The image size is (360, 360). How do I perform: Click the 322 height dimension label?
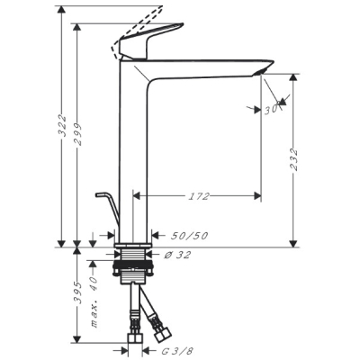pos(62,125)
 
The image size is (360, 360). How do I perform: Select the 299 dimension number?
pos(78,134)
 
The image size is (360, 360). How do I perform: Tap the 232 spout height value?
pos(294,159)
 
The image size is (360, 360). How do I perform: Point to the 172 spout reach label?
pos(199,196)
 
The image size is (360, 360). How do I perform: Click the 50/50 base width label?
pos(189,236)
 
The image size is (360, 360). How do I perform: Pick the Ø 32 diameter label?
pos(177,255)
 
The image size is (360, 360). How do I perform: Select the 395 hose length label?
pos(78,292)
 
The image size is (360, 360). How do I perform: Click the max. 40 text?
pos(94,301)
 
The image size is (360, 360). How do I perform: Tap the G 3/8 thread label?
pos(178,350)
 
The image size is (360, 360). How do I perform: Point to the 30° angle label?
pos(273,110)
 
